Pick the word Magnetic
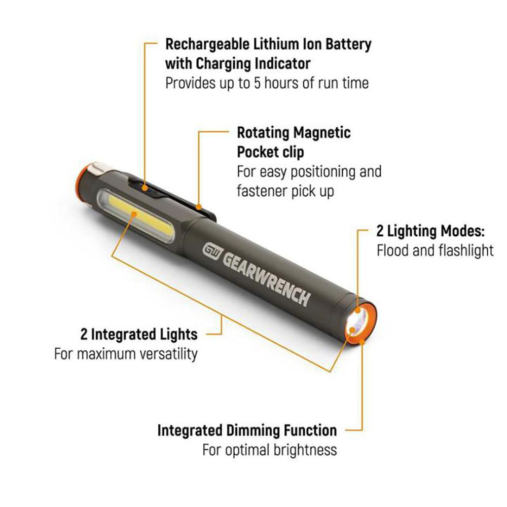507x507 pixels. click(x=322, y=133)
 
